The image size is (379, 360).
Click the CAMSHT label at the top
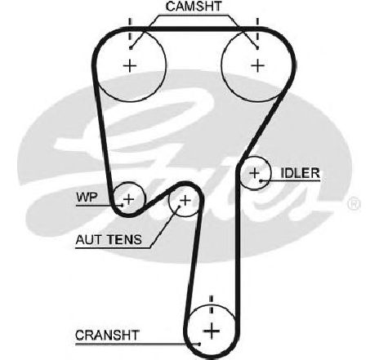click(x=194, y=7)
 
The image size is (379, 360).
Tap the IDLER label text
click(x=300, y=173)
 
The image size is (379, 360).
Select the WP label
click(x=87, y=197)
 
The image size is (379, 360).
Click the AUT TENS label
click(x=109, y=239)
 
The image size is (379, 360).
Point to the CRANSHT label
click(x=107, y=336)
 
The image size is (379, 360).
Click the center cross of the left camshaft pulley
click(x=130, y=66)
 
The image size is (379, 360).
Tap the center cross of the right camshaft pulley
click(x=257, y=65)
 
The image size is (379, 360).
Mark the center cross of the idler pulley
click(x=255, y=173)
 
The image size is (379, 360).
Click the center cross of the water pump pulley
click(x=129, y=199)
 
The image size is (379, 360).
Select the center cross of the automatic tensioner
click(x=185, y=201)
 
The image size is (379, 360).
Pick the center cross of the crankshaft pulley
click(x=212, y=331)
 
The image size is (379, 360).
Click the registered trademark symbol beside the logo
click(x=354, y=204)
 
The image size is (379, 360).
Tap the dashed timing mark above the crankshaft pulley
click(x=211, y=304)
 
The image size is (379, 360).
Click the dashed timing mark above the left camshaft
click(x=130, y=29)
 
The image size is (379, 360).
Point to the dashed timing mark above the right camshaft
click(x=257, y=29)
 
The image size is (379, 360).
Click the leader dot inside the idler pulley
click(x=261, y=180)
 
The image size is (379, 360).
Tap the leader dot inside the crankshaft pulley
click(x=199, y=344)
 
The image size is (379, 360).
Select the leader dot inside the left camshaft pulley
click(x=131, y=48)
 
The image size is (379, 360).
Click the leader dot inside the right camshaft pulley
click(x=257, y=48)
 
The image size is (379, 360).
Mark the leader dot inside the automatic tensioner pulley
click(x=179, y=207)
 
